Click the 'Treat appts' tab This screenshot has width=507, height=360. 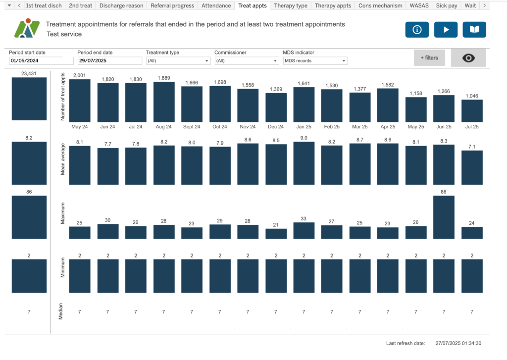[x=253, y=6]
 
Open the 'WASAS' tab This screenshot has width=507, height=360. [x=419, y=6]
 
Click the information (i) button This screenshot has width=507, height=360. [x=417, y=30]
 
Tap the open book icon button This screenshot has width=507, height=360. [x=474, y=30]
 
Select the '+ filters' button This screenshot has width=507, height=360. [x=429, y=58]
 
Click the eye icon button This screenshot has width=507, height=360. [x=468, y=58]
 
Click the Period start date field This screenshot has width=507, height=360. [x=41, y=61]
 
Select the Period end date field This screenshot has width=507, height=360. [x=109, y=61]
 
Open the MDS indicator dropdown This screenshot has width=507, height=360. [x=315, y=61]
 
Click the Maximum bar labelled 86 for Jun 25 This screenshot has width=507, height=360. [x=444, y=217]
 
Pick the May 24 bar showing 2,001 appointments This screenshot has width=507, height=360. [x=80, y=101]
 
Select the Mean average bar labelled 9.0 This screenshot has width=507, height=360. [x=304, y=163]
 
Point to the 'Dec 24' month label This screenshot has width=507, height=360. [x=276, y=127]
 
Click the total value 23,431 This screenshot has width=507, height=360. [x=29, y=73]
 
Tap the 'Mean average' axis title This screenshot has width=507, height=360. [x=63, y=163]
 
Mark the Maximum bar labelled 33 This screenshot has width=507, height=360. [x=304, y=231]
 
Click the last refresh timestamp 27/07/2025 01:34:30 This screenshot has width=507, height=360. [x=458, y=343]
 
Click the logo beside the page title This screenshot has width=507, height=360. [x=26, y=29]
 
